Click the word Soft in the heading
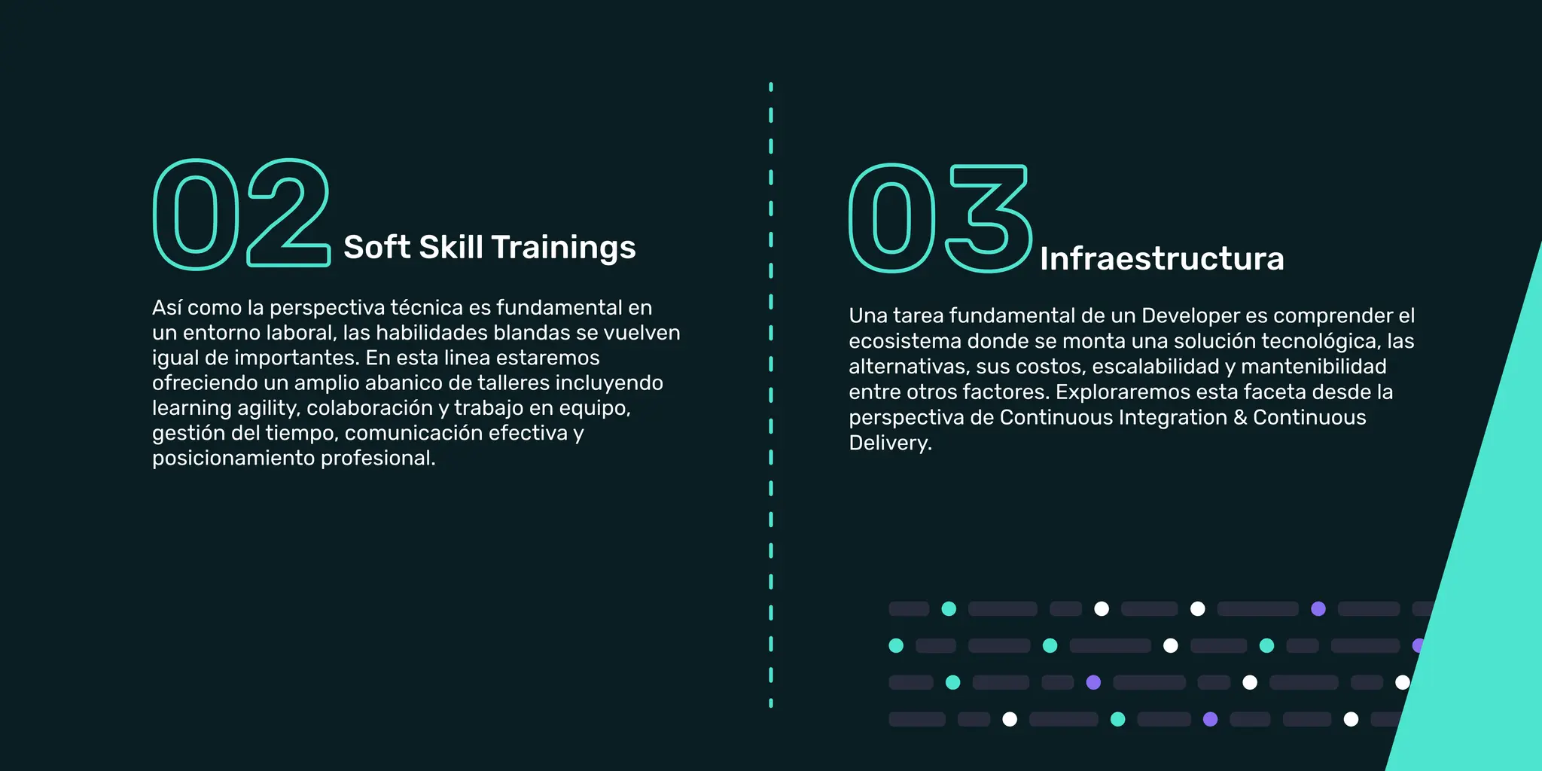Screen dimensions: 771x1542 (x=376, y=247)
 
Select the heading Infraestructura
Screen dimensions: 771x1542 (x=1162, y=259)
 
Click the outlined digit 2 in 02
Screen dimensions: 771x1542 (x=289, y=213)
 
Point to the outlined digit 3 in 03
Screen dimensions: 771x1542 (x=989, y=218)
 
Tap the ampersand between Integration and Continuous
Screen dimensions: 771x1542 (x=1240, y=418)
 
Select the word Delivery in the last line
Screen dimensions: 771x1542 (x=888, y=443)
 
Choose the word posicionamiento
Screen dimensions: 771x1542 (x=233, y=458)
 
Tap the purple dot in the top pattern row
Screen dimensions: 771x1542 (x=1318, y=608)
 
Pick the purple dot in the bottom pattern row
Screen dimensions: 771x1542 (x=1210, y=719)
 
